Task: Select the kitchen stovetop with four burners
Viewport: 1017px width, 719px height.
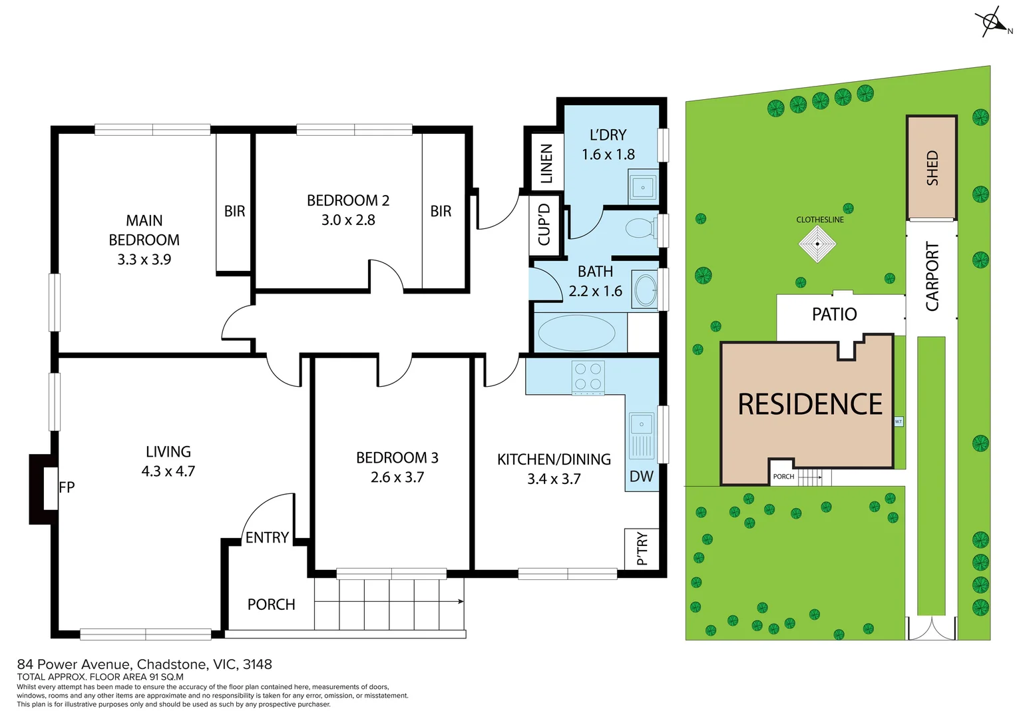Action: coord(588,377)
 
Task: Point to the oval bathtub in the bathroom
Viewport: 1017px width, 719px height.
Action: coord(576,333)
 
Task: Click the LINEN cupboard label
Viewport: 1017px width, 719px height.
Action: coord(546,163)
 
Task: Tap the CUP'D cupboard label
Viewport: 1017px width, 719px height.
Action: coord(544,224)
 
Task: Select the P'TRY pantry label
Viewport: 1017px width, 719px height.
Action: coord(642,549)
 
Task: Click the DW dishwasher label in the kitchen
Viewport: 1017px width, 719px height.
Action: coord(641,476)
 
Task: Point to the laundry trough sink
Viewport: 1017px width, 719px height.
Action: coord(643,187)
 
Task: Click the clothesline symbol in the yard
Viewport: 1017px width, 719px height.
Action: coord(817,244)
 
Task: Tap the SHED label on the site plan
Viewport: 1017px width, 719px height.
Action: coord(932,168)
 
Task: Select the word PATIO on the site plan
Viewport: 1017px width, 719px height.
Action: coord(834,314)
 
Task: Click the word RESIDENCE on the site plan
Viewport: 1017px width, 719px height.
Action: coord(809,405)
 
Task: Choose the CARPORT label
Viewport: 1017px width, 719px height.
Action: coord(932,276)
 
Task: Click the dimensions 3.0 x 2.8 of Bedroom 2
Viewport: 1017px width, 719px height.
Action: coord(348,220)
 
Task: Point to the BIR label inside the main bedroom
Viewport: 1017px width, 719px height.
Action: coord(234,211)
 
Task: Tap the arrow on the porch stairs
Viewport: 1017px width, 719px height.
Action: coord(459,602)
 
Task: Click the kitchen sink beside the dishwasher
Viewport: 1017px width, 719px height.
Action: coord(642,436)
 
